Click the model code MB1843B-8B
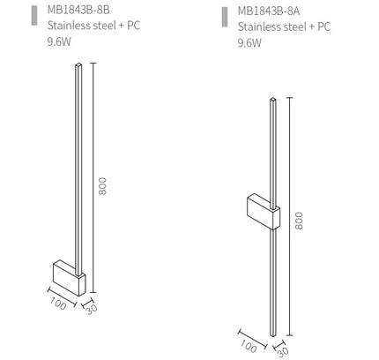point(78,10)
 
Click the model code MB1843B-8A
point(269,11)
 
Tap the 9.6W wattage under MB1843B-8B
point(59,41)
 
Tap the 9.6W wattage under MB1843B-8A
point(249,43)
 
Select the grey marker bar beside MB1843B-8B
point(34,15)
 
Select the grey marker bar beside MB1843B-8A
point(225,17)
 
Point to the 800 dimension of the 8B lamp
point(102,186)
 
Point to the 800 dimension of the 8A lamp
point(299,221)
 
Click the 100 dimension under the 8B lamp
point(58,304)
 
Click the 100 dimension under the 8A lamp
point(249,346)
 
